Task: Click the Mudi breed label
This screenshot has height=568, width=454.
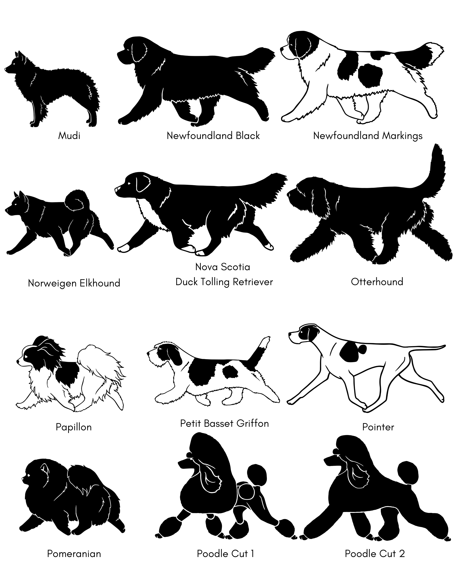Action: (x=69, y=136)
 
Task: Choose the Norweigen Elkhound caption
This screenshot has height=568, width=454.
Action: (x=74, y=283)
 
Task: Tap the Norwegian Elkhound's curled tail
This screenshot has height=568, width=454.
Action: (x=74, y=200)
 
